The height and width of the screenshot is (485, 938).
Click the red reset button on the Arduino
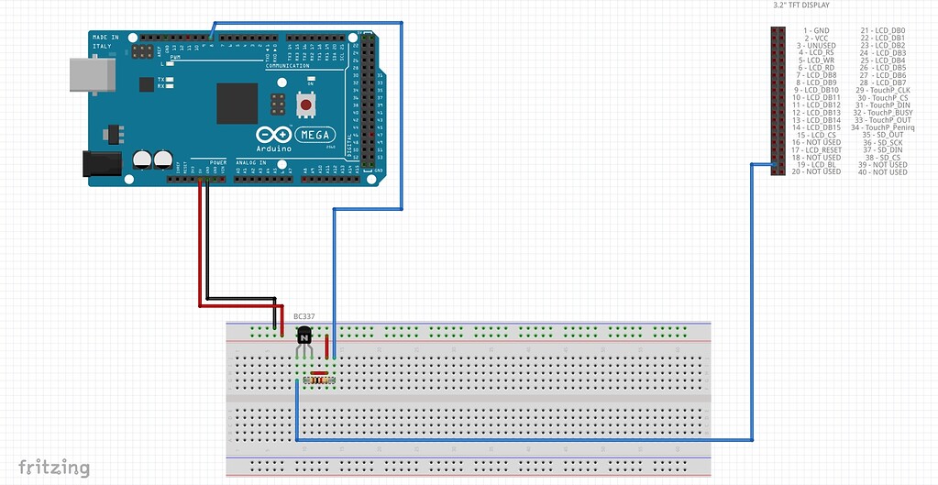(x=306, y=105)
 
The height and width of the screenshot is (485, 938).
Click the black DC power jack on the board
(x=103, y=164)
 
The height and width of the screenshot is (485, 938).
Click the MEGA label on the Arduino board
(x=315, y=135)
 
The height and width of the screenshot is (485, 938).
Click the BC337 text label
(x=303, y=316)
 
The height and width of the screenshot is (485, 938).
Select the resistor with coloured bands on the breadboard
(x=319, y=377)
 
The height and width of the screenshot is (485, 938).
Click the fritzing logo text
(x=54, y=468)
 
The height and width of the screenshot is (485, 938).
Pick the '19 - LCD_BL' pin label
(x=816, y=165)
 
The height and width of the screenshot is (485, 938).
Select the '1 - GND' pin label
(x=815, y=30)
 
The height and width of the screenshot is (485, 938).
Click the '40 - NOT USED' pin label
(x=883, y=172)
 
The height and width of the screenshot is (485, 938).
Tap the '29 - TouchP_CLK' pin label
(x=883, y=90)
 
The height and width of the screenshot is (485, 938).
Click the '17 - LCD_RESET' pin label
(x=816, y=150)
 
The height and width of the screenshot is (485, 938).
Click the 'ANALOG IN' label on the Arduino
(x=251, y=163)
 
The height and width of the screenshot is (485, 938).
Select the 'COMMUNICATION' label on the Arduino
(x=287, y=66)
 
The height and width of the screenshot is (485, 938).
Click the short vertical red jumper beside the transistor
(x=327, y=348)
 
